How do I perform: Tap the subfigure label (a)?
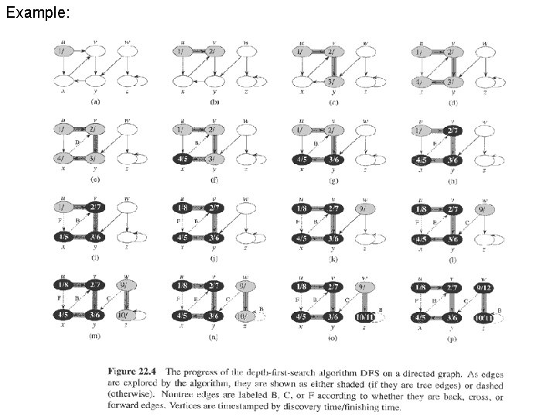pyautogui.click(x=95, y=101)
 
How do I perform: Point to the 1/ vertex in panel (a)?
pyautogui.click(x=63, y=51)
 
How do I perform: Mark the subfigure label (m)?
pyautogui.click(x=94, y=336)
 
